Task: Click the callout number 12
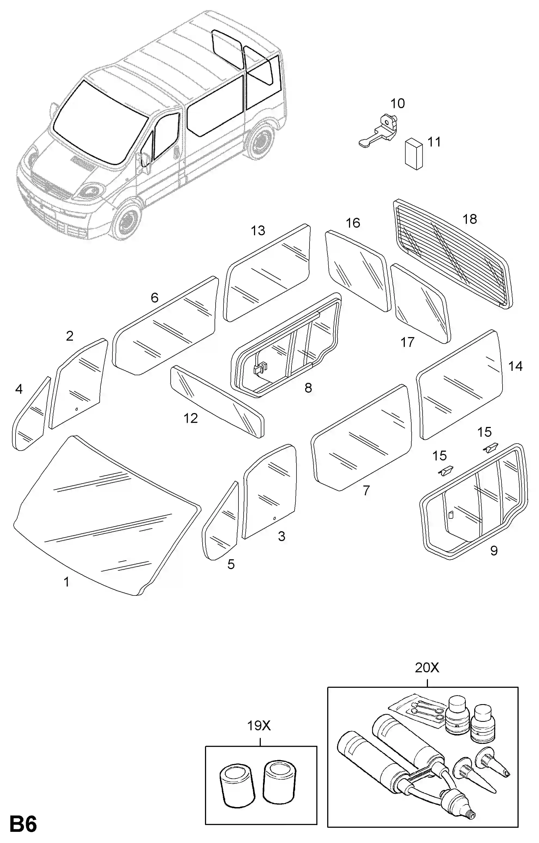[191, 418]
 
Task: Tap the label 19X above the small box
[259, 726]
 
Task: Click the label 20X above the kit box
[427, 668]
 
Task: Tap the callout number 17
[408, 342]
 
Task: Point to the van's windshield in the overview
[100, 123]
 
